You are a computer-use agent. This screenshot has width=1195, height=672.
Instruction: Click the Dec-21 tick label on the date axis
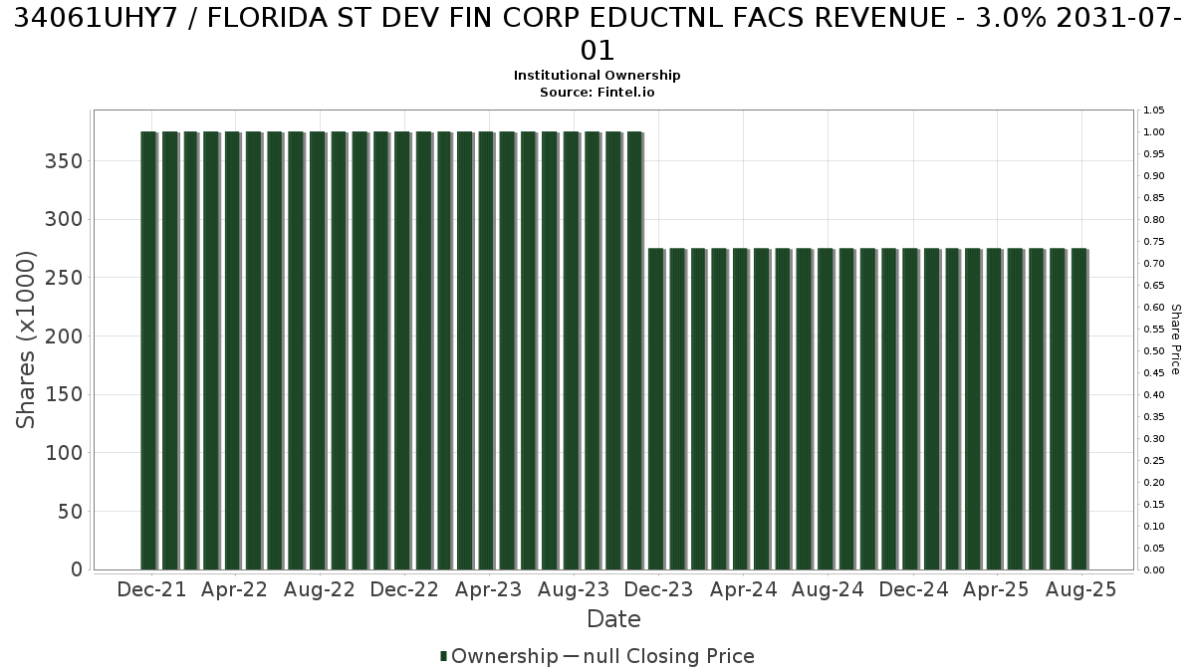pyautogui.click(x=151, y=589)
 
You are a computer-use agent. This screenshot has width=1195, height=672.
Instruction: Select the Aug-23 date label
pyautogui.click(x=574, y=589)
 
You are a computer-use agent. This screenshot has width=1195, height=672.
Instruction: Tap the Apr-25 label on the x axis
pyautogui.click(x=997, y=589)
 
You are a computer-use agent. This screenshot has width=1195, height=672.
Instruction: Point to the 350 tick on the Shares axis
pyautogui.click(x=64, y=161)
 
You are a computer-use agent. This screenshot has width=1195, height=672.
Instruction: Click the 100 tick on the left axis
pyautogui.click(x=64, y=453)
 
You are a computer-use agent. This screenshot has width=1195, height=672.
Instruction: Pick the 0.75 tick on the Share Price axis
pyautogui.click(x=1154, y=242)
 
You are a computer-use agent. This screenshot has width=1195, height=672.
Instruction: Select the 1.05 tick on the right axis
pyautogui.click(x=1154, y=111)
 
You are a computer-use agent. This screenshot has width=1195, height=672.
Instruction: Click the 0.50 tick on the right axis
pyautogui.click(x=1154, y=350)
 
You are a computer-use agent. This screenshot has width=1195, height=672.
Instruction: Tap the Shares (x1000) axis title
pyautogui.click(x=25, y=339)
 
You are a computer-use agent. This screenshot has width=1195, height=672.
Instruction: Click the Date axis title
pyautogui.click(x=613, y=619)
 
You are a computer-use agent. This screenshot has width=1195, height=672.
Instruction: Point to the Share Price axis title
pyautogui.click(x=1176, y=339)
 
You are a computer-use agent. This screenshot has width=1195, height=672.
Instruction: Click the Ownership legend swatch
pyautogui.click(x=443, y=656)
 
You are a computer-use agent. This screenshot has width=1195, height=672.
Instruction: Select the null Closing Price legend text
pyautogui.click(x=669, y=656)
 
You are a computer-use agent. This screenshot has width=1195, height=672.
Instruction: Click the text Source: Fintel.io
pyautogui.click(x=597, y=93)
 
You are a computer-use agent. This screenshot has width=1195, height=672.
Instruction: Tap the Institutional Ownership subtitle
pyautogui.click(x=597, y=76)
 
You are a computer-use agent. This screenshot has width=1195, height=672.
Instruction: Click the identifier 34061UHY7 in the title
pyautogui.click(x=96, y=19)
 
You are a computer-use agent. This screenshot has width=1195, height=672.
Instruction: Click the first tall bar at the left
pyautogui.click(x=148, y=350)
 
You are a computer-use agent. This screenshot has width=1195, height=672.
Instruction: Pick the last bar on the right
pyautogui.click(x=1079, y=409)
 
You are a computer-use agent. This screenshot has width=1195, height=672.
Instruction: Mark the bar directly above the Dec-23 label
pyautogui.click(x=656, y=409)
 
